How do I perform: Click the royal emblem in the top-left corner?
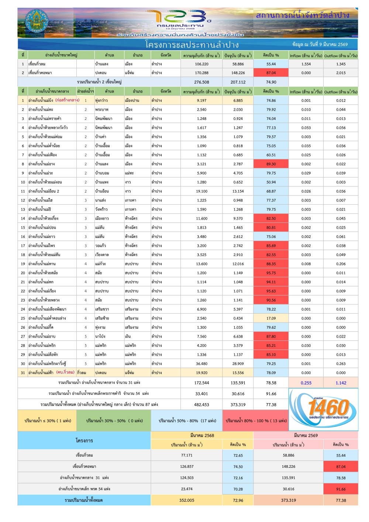point(36,22)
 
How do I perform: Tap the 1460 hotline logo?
point(324,409)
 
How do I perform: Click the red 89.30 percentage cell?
point(271,164)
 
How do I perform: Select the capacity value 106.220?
point(201,64)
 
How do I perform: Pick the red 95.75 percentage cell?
point(271,273)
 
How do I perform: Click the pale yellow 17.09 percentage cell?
point(271,318)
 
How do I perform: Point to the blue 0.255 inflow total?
point(306,383)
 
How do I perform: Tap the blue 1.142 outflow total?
point(341,383)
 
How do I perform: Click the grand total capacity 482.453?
point(201,405)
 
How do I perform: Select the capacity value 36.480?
point(201,364)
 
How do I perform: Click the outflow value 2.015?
point(341,73)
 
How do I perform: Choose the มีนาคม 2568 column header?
point(202,435)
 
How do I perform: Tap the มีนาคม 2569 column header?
point(306,435)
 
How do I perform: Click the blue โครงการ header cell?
point(84,440)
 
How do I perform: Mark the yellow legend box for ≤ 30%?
point(47,421)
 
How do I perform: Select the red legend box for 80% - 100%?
point(256,421)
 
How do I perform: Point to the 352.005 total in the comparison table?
point(187,500)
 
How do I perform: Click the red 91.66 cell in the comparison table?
point(341,489)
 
